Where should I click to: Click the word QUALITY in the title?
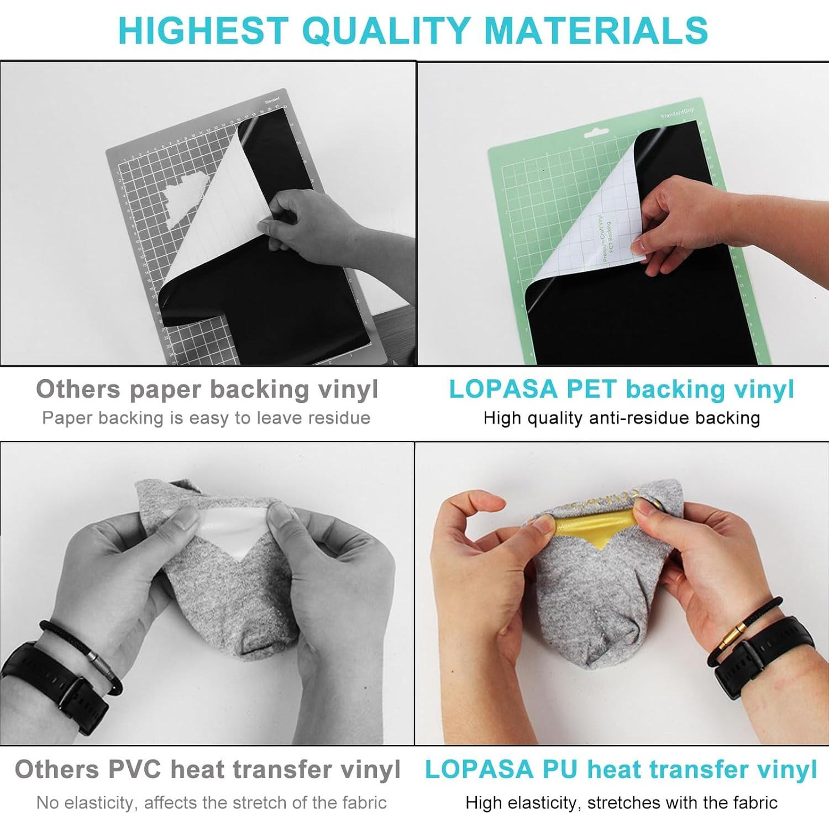point(386,30)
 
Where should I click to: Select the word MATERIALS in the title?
point(596,30)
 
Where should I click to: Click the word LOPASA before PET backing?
point(503,389)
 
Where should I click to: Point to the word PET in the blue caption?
point(591,389)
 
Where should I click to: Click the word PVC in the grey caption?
point(134,769)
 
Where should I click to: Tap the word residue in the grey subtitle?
point(339,418)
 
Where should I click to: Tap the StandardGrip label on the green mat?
point(677,113)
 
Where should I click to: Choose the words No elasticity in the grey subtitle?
point(86,802)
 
